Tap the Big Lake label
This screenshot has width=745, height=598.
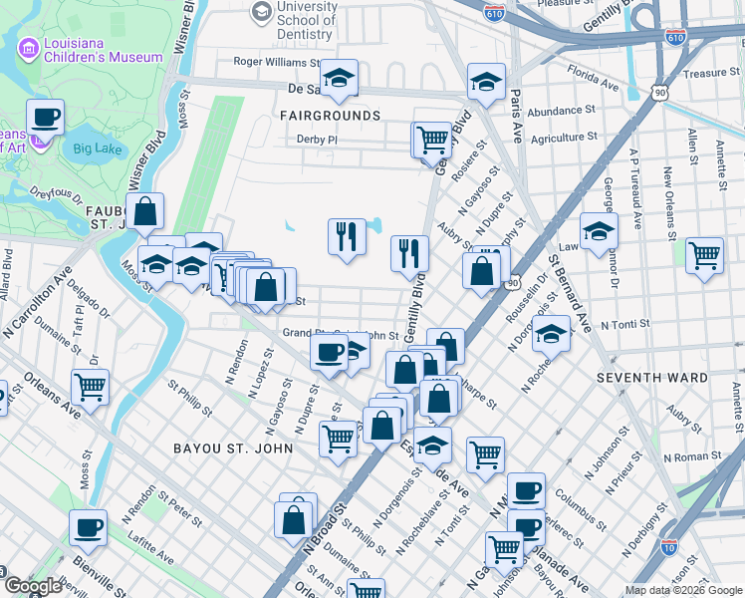click(95, 149)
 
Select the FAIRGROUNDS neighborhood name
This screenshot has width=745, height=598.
click(330, 116)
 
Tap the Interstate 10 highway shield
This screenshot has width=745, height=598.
click(670, 547)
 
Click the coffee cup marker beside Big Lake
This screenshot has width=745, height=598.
click(45, 119)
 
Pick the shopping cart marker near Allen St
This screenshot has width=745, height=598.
click(704, 256)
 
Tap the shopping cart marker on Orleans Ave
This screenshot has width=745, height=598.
click(90, 385)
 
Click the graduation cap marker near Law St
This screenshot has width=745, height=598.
click(599, 231)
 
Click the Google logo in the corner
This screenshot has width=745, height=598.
click(33, 586)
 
